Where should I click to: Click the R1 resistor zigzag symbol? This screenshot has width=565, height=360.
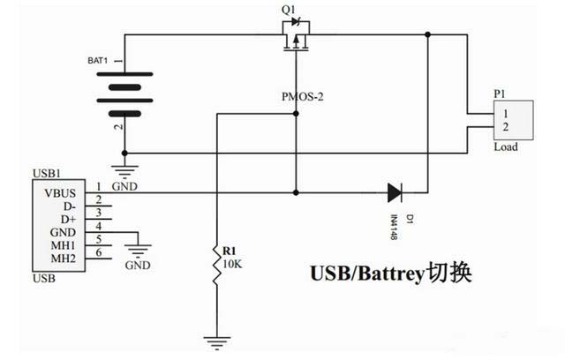pyautogui.click(x=215, y=265)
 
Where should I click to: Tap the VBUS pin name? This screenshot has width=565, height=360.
pyautogui.click(x=55, y=192)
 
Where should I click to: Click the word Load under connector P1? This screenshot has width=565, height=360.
pyautogui.click(x=506, y=147)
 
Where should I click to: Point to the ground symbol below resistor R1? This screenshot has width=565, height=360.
pyautogui.click(x=215, y=338)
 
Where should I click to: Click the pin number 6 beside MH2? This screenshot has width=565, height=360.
pyautogui.click(x=99, y=253)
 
